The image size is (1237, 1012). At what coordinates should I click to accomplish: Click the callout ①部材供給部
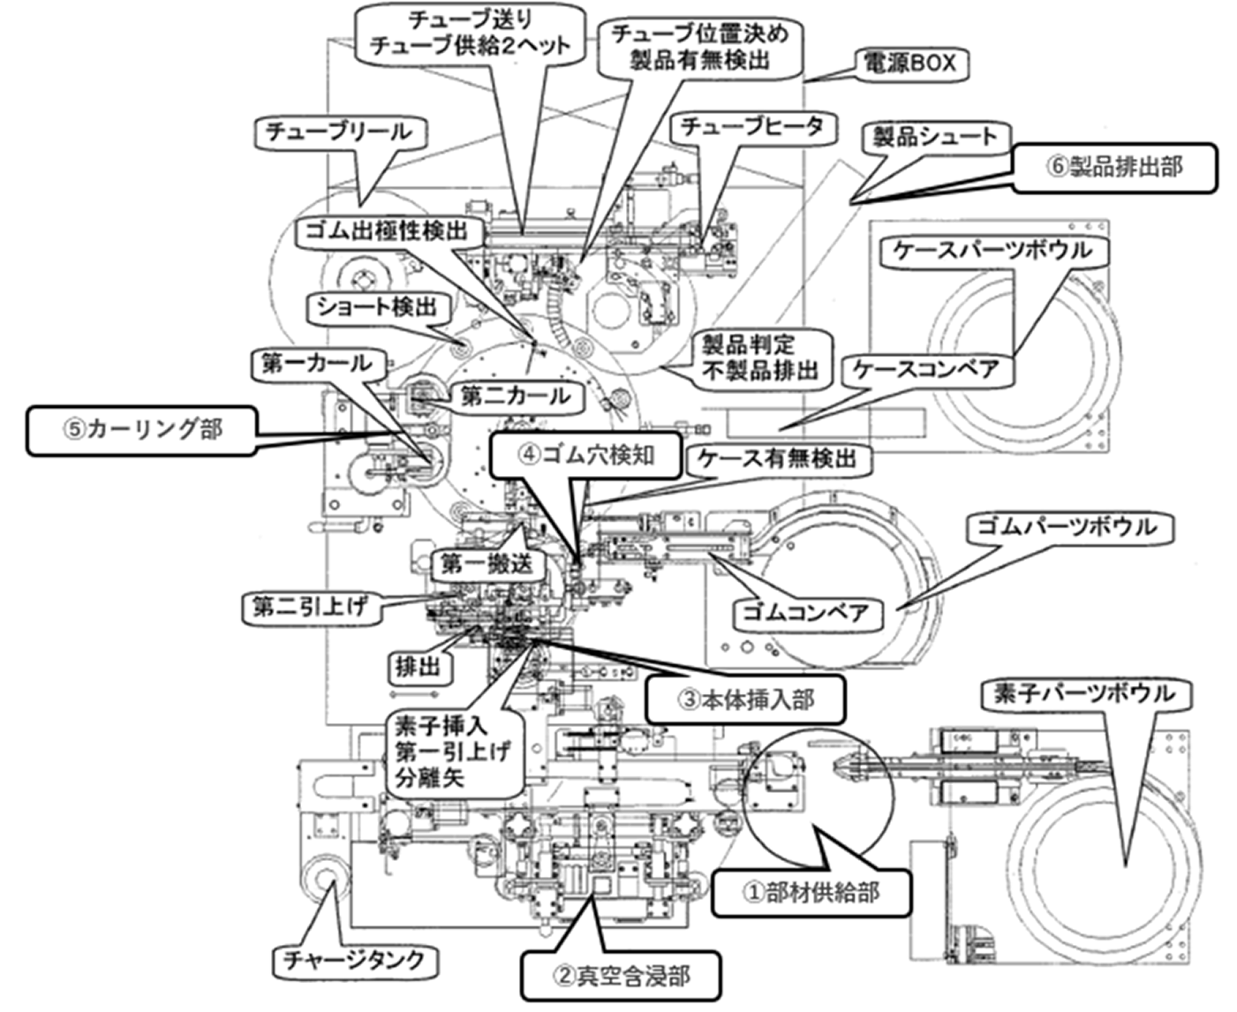coord(810,891)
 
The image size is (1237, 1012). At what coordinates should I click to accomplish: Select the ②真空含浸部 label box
coord(620,976)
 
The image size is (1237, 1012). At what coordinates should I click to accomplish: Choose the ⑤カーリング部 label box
coord(141,430)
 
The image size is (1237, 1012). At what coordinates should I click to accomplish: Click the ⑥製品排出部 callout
coord(1114,167)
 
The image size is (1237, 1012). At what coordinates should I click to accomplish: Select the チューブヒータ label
coord(750,127)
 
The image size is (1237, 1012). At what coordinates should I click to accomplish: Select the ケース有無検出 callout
coord(777,457)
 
